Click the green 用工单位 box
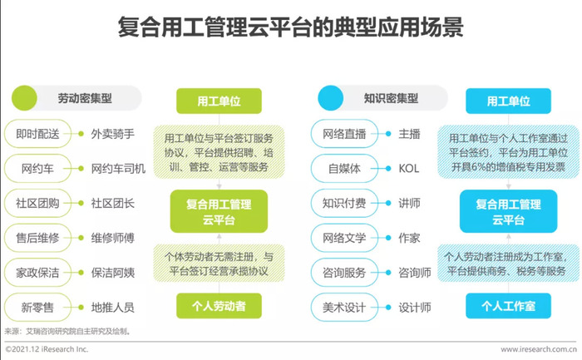coord(219,101)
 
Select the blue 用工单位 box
coord(508,101)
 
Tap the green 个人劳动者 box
coord(219,306)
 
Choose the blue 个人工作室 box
coord(508,306)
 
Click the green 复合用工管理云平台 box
coord(219,211)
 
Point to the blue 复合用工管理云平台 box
coord(508,211)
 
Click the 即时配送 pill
coord(37,134)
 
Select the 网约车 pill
coord(37,169)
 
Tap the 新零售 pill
coord(37,308)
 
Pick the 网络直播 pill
coord(344,134)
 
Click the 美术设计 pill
coord(344,308)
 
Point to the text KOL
coord(409,169)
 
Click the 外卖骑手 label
coord(113,134)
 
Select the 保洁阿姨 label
coord(113,273)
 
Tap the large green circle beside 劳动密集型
coord(24,98)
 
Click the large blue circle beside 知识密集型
coord(331,98)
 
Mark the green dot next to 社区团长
coord(81,203)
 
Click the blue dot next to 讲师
coord(388,203)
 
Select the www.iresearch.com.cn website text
coord(539,349)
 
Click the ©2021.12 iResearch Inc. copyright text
coord(47,349)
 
